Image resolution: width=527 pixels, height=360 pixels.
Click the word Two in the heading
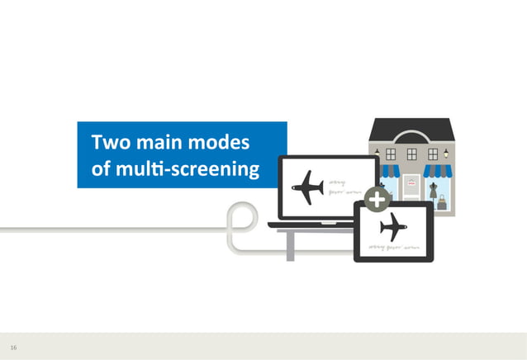pyautogui.click(x=108, y=143)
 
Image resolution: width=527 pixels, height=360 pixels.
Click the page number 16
pyautogui.click(x=13, y=348)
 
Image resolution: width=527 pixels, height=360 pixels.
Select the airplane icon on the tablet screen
pyautogui.click(x=393, y=225)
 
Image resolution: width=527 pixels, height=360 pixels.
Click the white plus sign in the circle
pyautogui.click(x=377, y=200)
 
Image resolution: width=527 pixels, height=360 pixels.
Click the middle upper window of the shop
pyautogui.click(x=411, y=154)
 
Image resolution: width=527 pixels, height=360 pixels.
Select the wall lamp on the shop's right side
pyautogui.click(x=448, y=153)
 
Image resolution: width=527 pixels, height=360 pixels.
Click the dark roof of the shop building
pyautogui.click(x=411, y=130)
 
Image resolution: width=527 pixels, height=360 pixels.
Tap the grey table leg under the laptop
pyautogui.click(x=290, y=245)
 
